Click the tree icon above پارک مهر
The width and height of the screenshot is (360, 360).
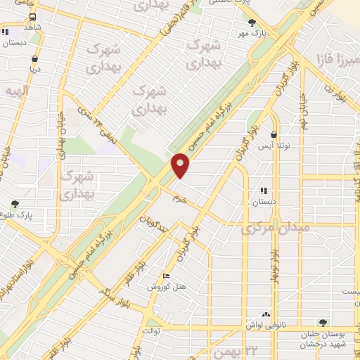pos(252,22)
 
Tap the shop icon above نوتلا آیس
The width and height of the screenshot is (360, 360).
pos(273,135)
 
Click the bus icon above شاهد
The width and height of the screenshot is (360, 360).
pos(32,15)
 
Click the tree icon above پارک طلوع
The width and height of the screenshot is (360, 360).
pos(15,204)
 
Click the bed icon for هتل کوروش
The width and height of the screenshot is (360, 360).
pos(166,276)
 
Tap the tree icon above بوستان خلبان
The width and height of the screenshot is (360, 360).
pos(323,322)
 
